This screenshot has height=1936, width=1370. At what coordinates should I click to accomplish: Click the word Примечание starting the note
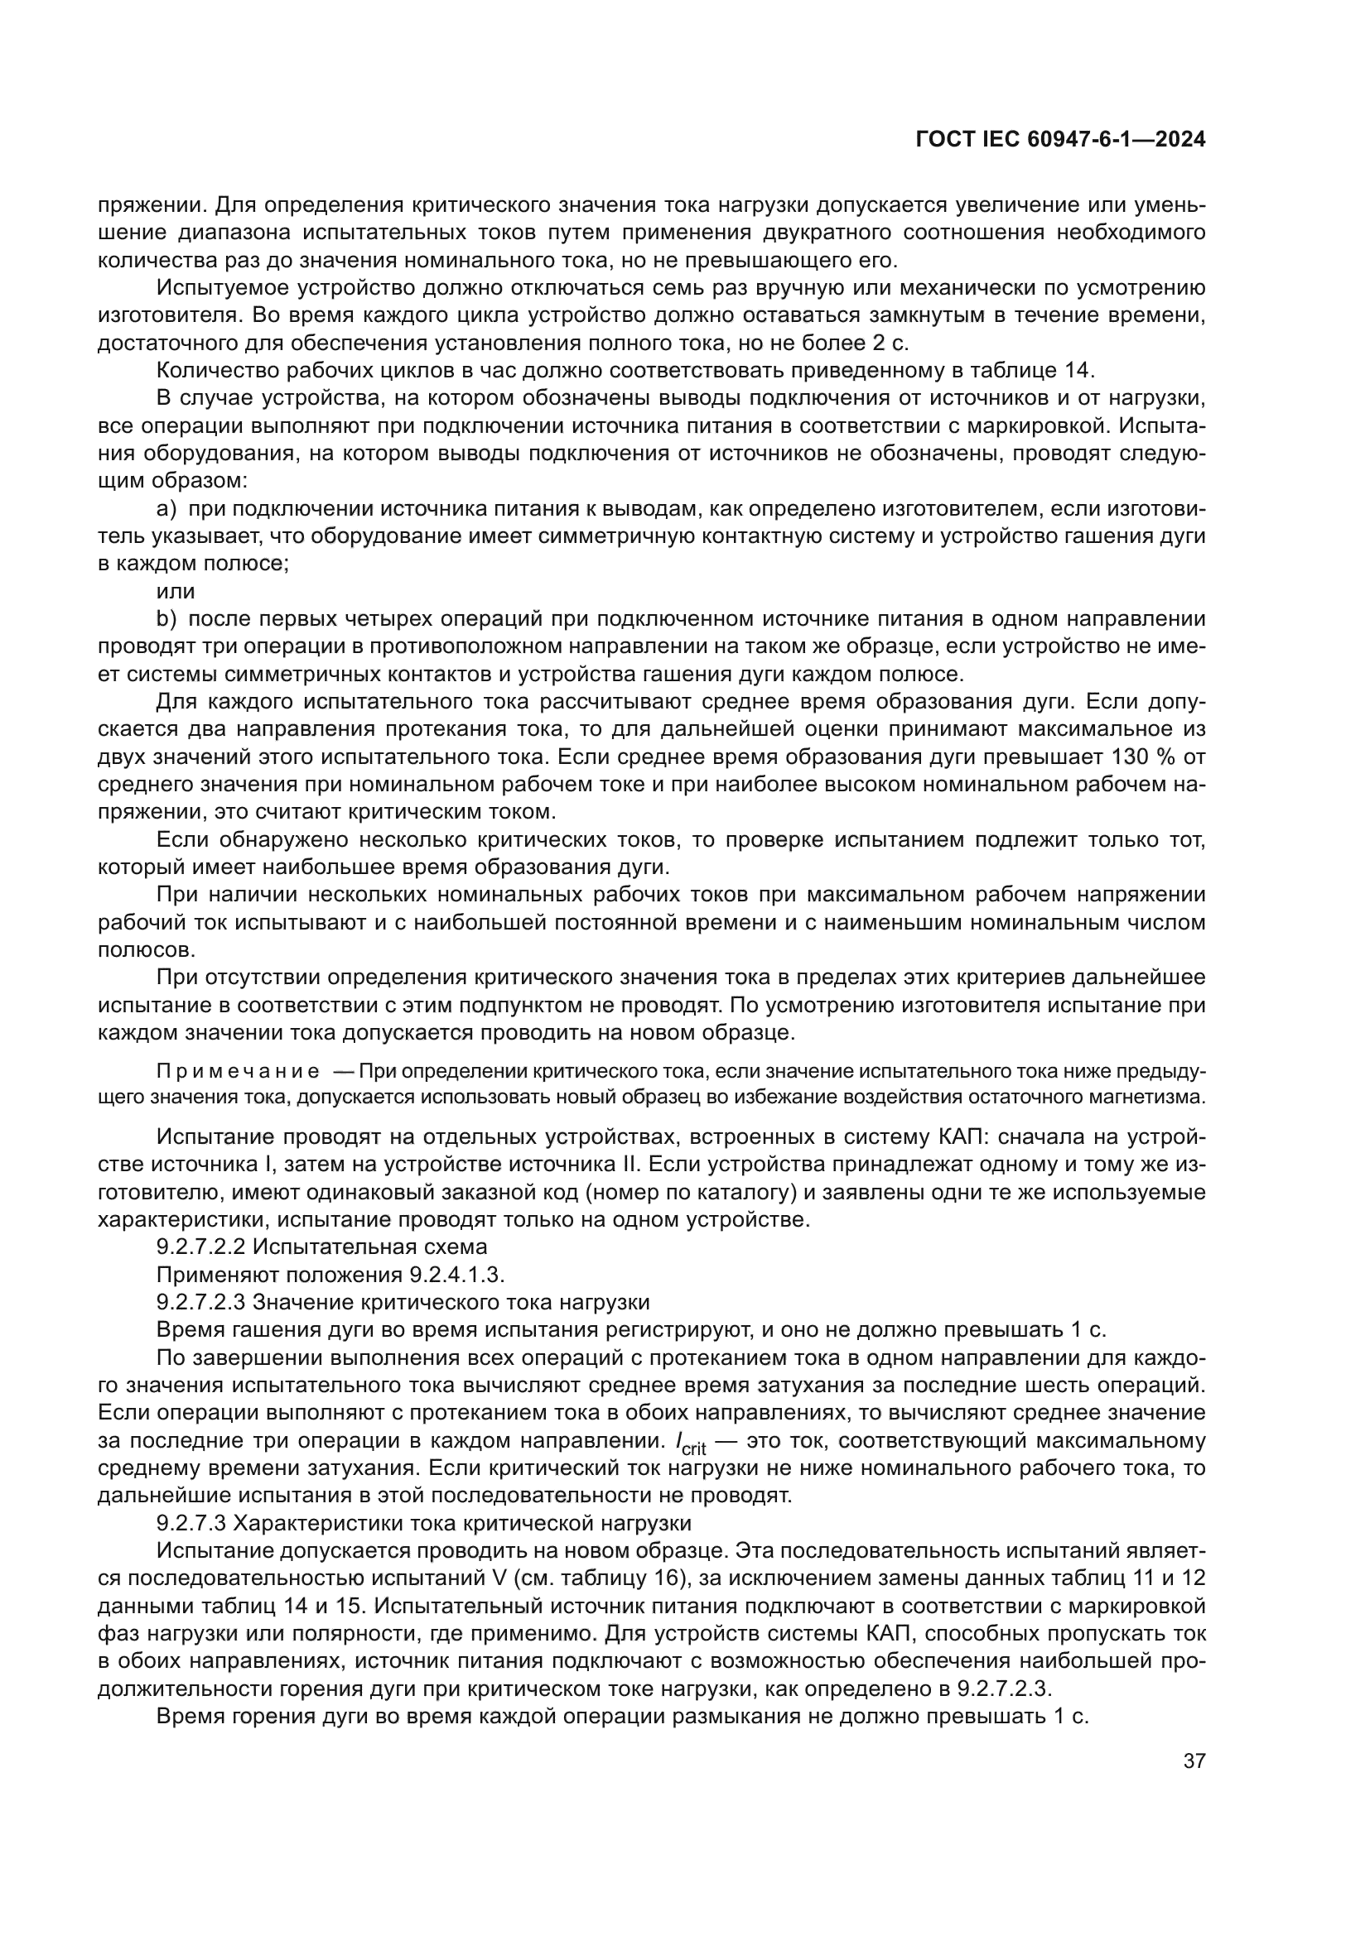tap(238, 1072)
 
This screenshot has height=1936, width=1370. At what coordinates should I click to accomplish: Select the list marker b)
tap(166, 619)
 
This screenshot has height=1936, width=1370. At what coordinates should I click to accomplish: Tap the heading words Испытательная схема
tap(369, 1247)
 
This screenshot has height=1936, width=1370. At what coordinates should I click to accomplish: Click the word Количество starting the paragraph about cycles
tap(215, 370)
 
